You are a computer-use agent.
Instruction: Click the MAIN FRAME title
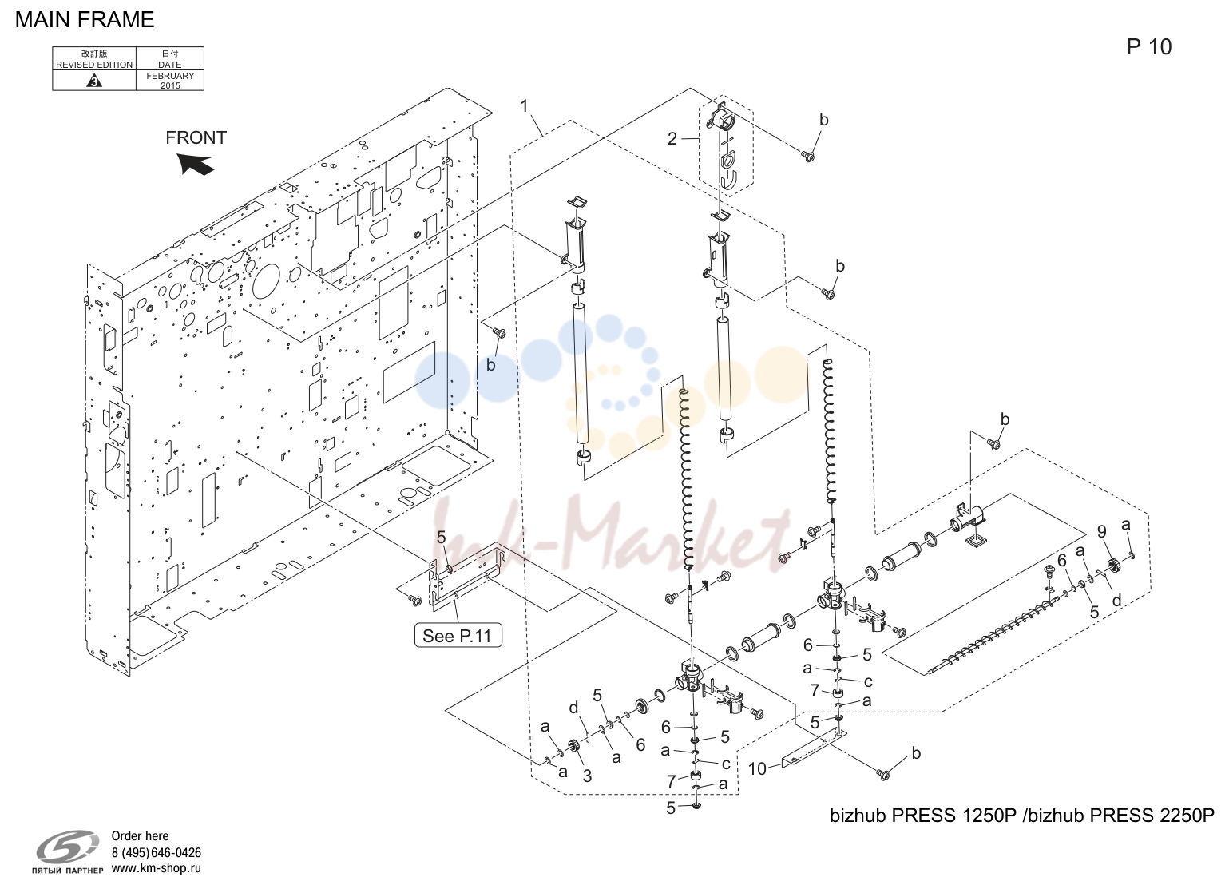point(85,20)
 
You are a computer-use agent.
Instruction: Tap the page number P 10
point(1149,47)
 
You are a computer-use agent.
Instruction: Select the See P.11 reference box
point(458,636)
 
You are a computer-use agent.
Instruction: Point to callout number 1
point(525,106)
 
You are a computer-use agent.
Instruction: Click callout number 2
point(672,139)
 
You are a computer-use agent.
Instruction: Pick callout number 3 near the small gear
point(587,776)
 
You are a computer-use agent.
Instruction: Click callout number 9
point(1102,531)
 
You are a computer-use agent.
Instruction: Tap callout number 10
point(757,768)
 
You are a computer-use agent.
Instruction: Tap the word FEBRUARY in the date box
point(170,76)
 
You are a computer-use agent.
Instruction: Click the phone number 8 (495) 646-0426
point(157,853)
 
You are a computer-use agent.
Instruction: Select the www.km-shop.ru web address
point(157,868)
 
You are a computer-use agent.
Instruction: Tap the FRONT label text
point(196,137)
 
